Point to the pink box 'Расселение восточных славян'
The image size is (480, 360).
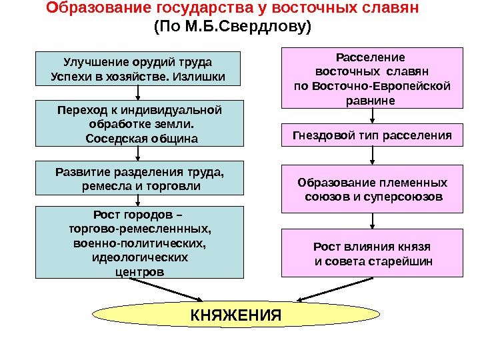372,77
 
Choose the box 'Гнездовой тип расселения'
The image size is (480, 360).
372,135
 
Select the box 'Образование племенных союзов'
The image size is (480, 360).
372,190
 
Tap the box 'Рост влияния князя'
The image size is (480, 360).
372,253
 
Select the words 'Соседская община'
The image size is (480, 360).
138,138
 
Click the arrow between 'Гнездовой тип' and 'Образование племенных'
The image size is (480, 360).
372,156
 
